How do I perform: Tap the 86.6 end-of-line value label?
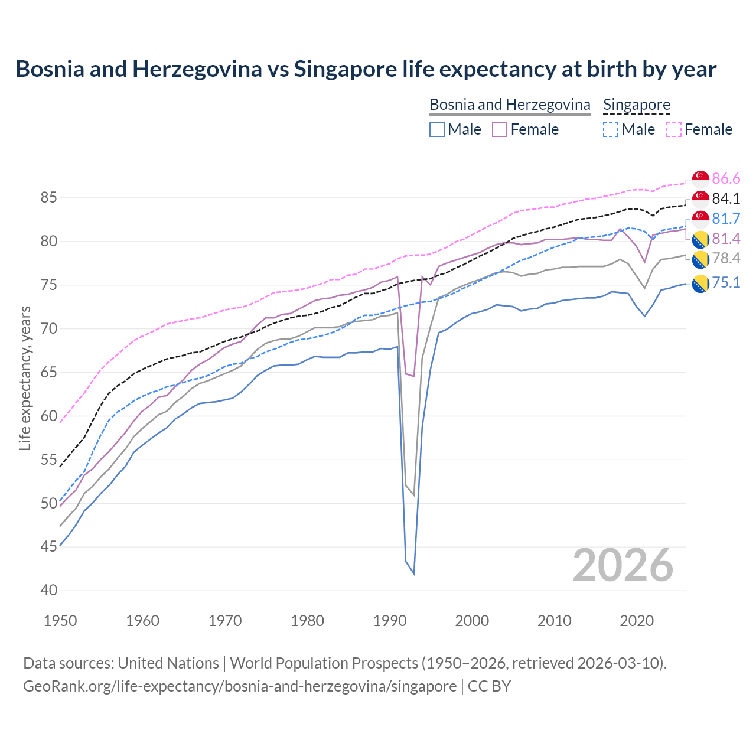click(726, 179)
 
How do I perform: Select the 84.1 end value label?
click(726, 199)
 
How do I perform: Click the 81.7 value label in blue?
click(726, 219)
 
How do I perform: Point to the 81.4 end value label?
click(726, 239)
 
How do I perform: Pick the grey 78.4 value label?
click(726, 259)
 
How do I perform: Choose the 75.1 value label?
click(726, 283)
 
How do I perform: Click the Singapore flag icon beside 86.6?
click(700, 179)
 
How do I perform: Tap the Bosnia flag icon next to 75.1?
click(700, 283)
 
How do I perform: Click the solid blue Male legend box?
click(437, 129)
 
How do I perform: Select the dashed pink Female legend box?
click(673, 129)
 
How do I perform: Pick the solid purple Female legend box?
click(500, 129)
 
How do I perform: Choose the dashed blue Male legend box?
click(611, 129)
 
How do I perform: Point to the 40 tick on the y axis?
click(49, 590)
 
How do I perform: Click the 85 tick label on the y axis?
click(49, 198)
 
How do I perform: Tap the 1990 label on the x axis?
click(390, 621)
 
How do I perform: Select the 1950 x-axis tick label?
click(60, 621)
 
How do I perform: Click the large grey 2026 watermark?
click(623, 565)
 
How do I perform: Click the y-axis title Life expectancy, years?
click(25, 378)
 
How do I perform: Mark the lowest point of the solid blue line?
click(413, 573)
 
